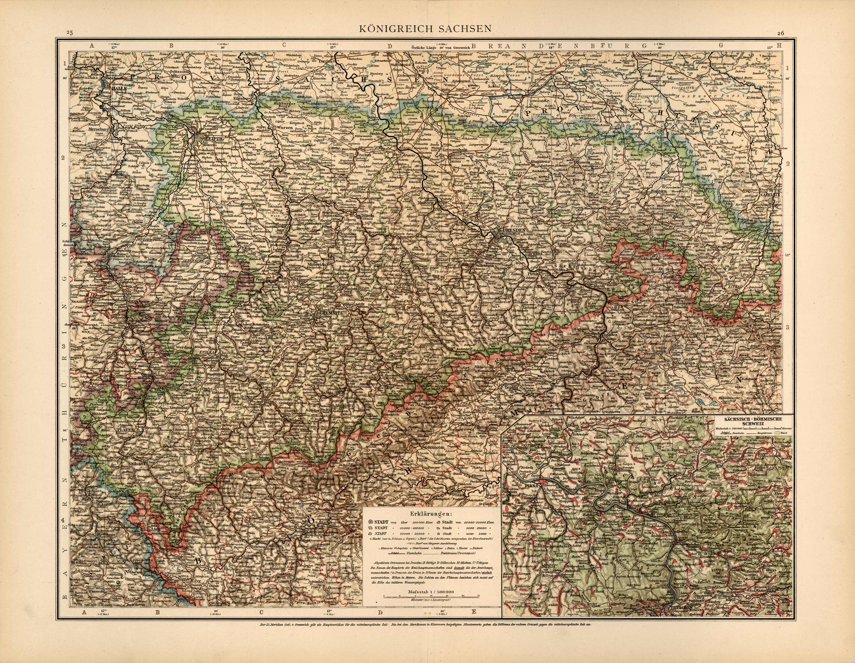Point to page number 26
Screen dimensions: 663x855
(x=781, y=33)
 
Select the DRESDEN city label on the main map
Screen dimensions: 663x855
(x=513, y=231)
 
